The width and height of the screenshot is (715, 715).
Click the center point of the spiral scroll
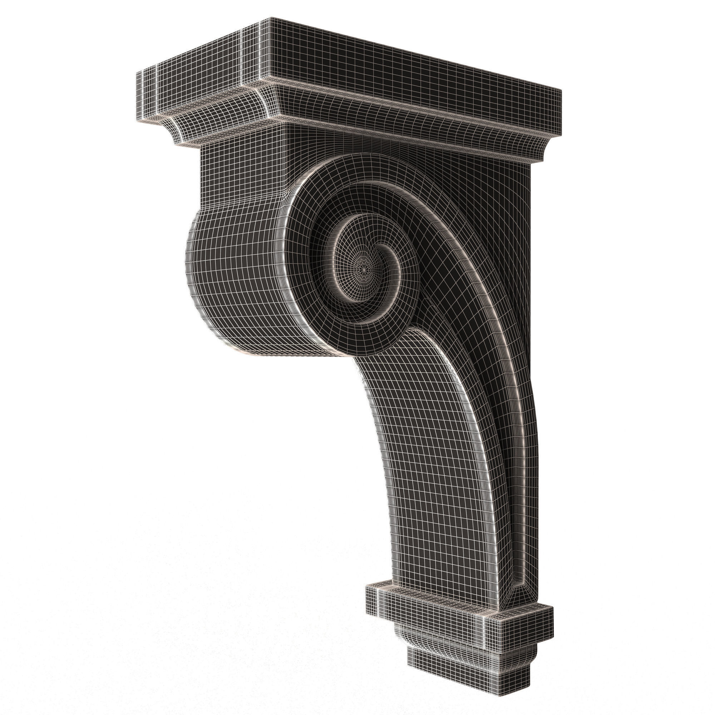point(365,270)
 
